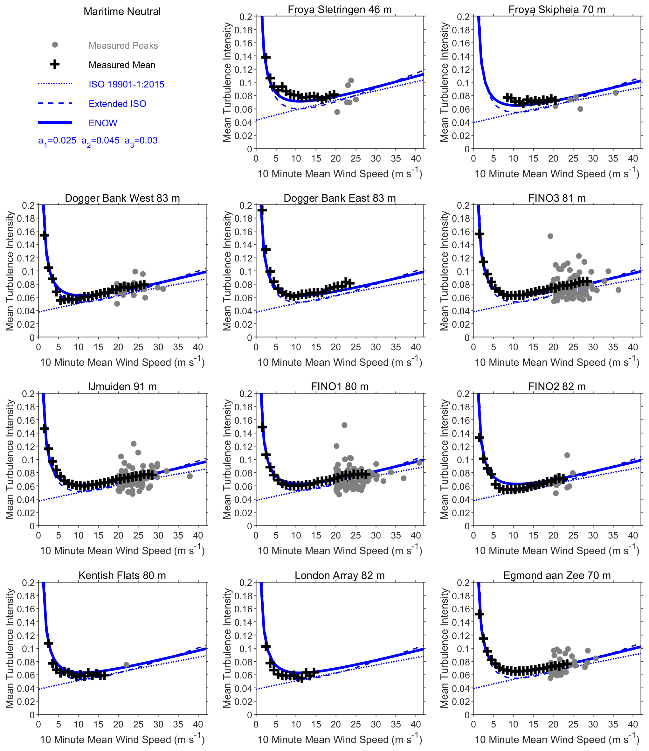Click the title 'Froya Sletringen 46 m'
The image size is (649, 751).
(340, 10)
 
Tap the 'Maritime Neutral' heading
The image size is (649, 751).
(122, 11)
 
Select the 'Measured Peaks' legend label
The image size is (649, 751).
(123, 46)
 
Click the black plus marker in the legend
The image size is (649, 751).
(55, 65)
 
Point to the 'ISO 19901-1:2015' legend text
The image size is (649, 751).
(127, 84)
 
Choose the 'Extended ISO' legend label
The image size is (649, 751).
(117, 104)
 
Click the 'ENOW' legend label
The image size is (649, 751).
(103, 123)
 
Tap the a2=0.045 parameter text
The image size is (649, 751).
(100, 141)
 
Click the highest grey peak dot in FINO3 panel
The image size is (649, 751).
(550, 236)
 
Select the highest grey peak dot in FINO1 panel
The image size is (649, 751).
(344, 425)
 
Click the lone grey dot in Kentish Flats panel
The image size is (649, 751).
(127, 665)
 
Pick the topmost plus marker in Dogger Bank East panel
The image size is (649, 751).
(262, 210)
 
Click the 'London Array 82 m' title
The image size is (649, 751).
(340, 575)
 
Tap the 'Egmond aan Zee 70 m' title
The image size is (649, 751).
(557, 575)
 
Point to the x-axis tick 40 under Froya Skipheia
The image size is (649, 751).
(633, 158)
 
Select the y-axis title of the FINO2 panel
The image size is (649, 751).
(444, 459)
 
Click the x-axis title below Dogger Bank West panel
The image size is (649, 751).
(122, 362)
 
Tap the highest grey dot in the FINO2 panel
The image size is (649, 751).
(567, 455)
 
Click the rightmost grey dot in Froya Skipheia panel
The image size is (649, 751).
(615, 93)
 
